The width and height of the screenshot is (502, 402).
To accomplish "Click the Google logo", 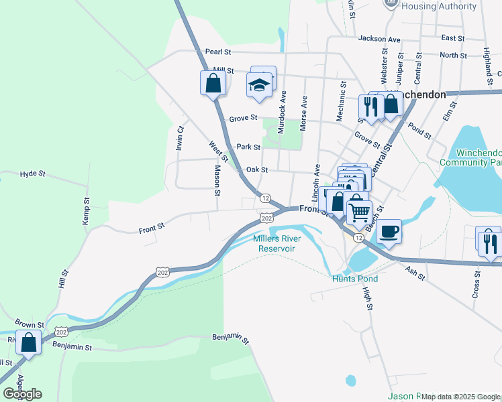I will point(22,394).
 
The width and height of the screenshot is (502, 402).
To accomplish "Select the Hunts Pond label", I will point(354,279).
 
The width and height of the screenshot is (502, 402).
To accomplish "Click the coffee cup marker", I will point(389,232).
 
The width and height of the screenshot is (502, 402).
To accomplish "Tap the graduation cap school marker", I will point(258,85).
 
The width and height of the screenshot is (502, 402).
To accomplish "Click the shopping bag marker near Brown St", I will point(28,342).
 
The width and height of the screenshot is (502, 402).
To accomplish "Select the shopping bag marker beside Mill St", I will point(213,84).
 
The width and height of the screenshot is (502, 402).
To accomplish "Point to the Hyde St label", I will point(32,174).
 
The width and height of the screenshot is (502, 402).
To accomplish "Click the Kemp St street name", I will point(86,210).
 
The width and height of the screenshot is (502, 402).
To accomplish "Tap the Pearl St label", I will point(217,52).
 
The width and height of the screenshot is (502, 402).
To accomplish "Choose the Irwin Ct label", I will point(180,138).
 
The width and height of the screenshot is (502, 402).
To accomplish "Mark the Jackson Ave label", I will point(379,39).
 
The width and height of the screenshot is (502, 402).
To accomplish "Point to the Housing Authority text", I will point(439,7).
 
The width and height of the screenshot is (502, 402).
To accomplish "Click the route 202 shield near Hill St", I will point(162,271).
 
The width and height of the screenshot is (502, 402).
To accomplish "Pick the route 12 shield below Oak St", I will point(266,198).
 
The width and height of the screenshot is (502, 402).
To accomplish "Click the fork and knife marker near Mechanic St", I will point(369,105).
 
